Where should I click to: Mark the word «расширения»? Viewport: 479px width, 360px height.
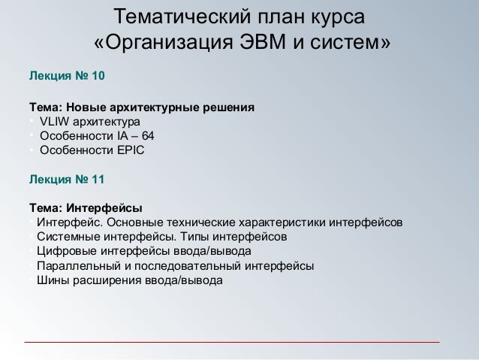tap(107, 280)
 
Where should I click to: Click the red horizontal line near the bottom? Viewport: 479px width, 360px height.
tap(232, 342)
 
